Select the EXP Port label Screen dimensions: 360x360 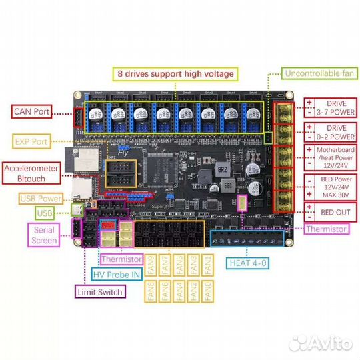pos(31,141)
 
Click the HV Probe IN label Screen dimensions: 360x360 pos(115,274)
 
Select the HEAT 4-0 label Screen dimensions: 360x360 pos(248,263)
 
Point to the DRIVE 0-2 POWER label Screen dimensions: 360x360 pos(330,131)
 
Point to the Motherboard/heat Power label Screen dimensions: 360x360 pos(330,158)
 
